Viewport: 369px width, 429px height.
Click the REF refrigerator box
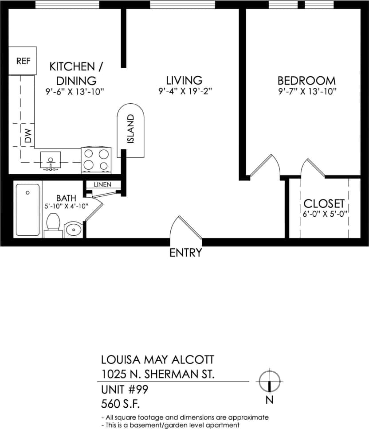click(23, 61)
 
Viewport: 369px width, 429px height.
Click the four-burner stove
click(96, 160)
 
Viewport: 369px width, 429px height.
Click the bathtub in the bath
click(27, 210)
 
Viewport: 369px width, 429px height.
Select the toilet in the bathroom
click(53, 223)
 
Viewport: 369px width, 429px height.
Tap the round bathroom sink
click(73, 230)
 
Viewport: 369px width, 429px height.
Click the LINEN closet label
click(102, 184)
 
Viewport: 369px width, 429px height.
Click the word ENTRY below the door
click(185, 253)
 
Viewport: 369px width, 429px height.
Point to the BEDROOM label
click(306, 81)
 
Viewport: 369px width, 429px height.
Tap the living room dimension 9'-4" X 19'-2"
click(184, 92)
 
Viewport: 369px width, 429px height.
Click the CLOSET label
click(324, 203)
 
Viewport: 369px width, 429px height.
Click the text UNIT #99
click(125, 390)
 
